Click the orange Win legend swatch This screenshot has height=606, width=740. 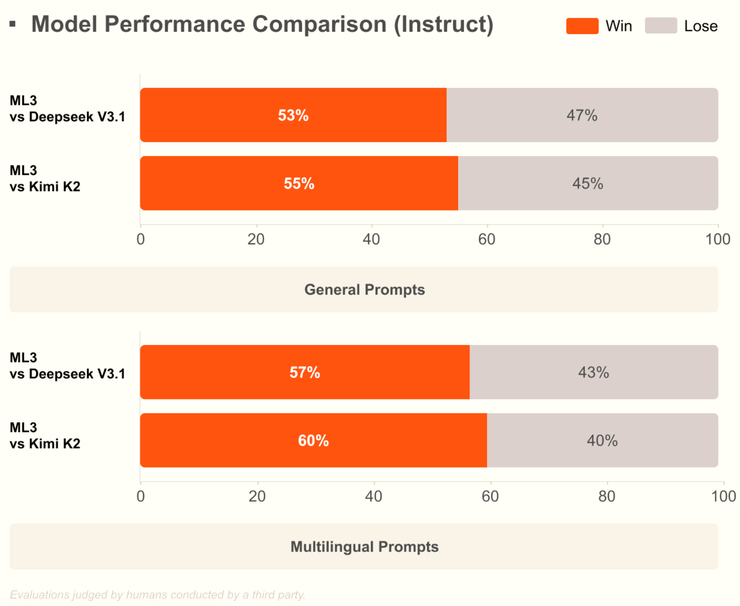(582, 26)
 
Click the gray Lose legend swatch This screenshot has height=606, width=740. (661, 26)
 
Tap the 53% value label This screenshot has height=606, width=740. (293, 115)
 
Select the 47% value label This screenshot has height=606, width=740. (582, 115)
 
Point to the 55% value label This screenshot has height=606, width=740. (299, 183)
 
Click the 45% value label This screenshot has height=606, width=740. (587, 183)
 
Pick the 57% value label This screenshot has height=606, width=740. (305, 372)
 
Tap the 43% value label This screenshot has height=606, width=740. (593, 372)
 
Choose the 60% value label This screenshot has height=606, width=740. (313, 440)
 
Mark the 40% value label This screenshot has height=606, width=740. (602, 440)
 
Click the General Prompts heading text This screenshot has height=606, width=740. (364, 289)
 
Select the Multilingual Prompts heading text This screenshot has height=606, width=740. (364, 546)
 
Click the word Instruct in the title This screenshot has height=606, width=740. (443, 24)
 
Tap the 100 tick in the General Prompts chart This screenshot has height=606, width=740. (717, 239)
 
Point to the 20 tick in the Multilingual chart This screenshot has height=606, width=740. (257, 496)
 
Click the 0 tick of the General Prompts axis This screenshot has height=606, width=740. (140, 239)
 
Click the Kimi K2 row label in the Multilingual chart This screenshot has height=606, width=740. (45, 435)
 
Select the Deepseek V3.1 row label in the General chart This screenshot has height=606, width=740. (67, 109)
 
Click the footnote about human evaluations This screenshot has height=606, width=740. (157, 595)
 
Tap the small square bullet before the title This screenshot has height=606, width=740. (13, 24)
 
